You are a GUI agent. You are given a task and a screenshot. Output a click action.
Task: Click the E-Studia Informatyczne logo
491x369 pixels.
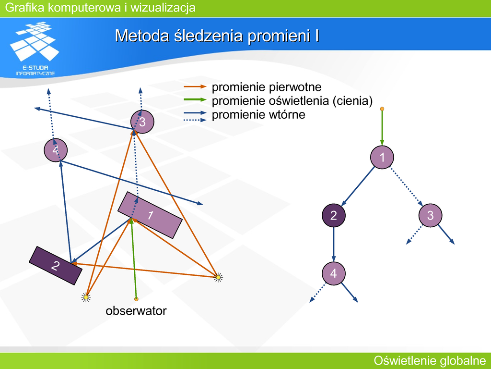coord(35,49)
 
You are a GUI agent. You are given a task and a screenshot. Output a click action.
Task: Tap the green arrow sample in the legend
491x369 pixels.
coord(195,100)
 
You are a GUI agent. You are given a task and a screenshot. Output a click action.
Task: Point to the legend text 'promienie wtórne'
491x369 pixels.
coord(258,114)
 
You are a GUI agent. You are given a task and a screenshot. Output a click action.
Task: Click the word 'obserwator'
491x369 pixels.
coord(136,311)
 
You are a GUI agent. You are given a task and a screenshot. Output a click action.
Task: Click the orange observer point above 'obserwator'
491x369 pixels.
coord(136,299)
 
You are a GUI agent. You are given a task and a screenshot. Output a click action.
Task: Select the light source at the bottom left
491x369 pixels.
coord(86,297)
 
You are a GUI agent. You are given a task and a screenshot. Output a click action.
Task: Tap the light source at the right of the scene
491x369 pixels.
coord(219,277)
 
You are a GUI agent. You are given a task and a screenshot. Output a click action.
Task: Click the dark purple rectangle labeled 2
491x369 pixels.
coord(56,266)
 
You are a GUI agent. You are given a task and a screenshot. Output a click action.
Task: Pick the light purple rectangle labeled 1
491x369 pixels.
coord(150,215)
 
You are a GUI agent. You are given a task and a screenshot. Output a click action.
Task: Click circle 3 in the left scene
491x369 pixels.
coord(142,122)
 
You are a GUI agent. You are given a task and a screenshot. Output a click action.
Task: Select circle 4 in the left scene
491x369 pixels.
coord(56,150)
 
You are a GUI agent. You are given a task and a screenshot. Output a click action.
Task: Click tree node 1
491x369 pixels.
coord(382,157)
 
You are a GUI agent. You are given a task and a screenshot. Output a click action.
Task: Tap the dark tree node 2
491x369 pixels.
coord(334,215)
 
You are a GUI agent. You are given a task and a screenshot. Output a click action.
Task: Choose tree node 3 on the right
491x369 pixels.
coord(430,215)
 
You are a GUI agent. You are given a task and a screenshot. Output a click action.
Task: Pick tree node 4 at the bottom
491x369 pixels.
coord(334,273)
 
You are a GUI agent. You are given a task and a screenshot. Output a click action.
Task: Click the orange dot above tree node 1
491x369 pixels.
coord(382,109)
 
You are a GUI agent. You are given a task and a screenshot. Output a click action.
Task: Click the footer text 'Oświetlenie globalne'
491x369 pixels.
coord(430,360)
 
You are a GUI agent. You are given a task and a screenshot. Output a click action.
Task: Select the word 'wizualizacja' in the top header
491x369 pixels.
coord(163,8)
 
